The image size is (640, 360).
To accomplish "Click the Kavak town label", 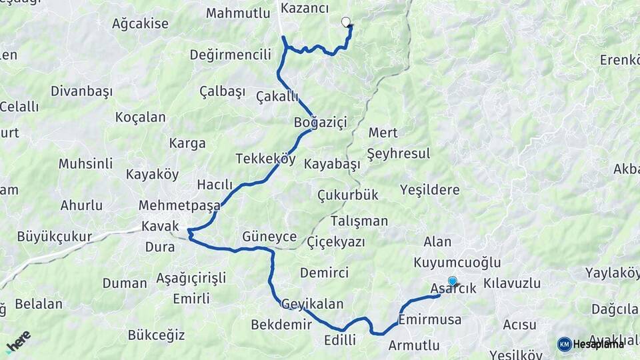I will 161,226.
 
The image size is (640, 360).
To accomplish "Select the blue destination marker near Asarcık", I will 453,281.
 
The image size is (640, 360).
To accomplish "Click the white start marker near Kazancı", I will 346,22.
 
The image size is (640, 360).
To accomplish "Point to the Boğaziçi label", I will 321,122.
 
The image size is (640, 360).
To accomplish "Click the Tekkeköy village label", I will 265,159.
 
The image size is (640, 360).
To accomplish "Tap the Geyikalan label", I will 313,304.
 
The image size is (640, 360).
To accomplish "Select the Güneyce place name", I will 270,236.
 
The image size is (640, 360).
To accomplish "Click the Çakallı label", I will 277,97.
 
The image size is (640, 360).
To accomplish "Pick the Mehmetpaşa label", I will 179,205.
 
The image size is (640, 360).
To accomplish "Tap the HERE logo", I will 18,342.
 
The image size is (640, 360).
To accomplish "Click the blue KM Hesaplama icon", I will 565,344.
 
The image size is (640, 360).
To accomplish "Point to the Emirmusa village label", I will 430,320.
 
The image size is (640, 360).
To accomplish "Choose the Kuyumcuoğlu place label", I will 457,263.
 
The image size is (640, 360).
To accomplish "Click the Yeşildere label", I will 430,190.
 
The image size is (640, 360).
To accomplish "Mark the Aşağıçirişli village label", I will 191,277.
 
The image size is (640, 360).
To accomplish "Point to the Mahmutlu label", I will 237,13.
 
